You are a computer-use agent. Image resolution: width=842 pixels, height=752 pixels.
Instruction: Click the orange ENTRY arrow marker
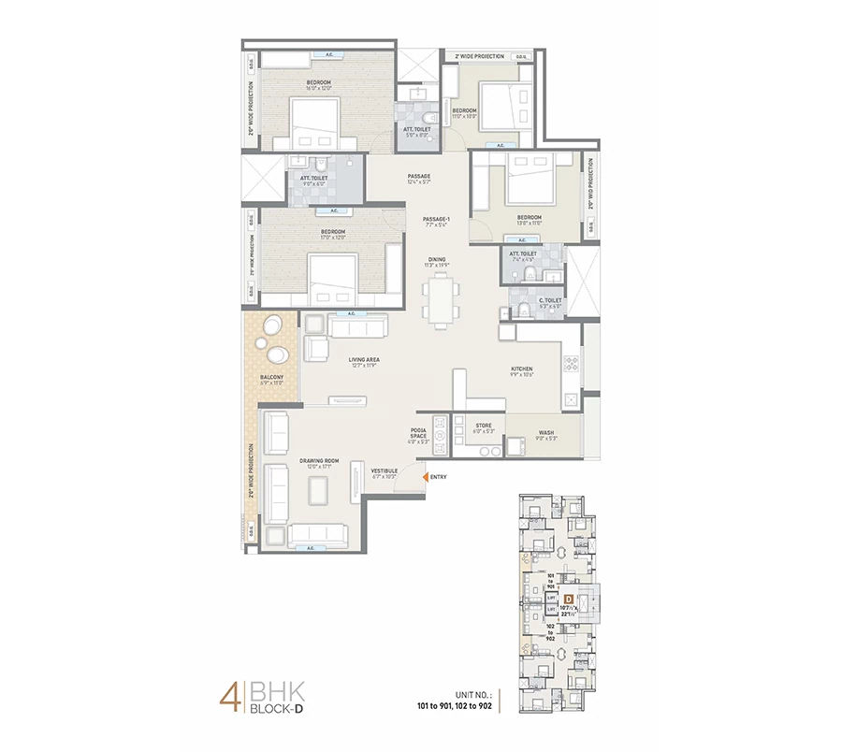pos(427,477)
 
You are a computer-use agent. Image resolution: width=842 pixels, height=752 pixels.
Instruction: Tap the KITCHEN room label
pos(521,369)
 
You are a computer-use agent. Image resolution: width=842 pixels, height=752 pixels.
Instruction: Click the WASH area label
pos(545,435)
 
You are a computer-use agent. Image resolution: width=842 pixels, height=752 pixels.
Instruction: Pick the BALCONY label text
pos(271,379)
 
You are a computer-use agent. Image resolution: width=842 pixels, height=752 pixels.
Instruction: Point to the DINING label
pos(437,260)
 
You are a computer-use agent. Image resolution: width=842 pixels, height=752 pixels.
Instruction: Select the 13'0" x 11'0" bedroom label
pos(530,219)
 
